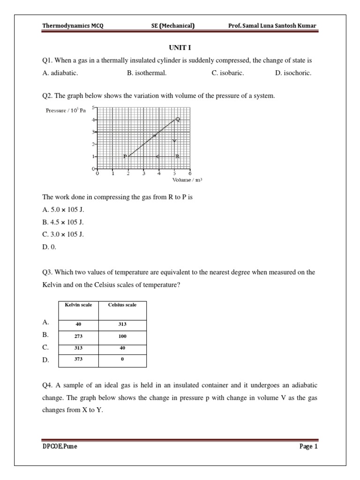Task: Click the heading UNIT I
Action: pyautogui.click(x=180, y=48)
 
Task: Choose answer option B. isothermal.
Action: pyautogui.click(x=147, y=73)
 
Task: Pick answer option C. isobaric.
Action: pyautogui.click(x=228, y=73)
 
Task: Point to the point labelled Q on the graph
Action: pyautogui.click(x=177, y=119)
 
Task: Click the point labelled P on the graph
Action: pyautogui.click(x=125, y=156)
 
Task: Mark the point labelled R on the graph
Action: pyautogui.click(x=177, y=156)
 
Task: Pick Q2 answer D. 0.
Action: pyautogui.click(x=49, y=247)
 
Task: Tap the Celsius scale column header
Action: pyautogui.click(x=122, y=305)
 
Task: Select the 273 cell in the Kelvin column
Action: pyautogui.click(x=78, y=336)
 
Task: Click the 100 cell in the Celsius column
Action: pyautogui.click(x=122, y=336)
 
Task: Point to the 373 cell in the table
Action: pyautogui.click(x=78, y=359)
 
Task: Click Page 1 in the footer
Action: pyautogui.click(x=308, y=446)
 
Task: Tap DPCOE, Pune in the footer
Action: pyautogui.click(x=60, y=446)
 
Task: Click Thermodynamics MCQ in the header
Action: pyautogui.click(x=73, y=26)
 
